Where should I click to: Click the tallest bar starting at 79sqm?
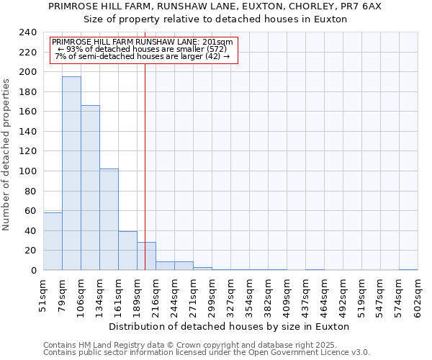pos(71,173)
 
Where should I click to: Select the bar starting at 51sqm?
pos(53,241)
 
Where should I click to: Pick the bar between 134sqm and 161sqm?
pos(109,220)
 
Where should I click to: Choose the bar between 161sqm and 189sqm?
pos(127,251)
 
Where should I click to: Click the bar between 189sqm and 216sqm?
pos(146,256)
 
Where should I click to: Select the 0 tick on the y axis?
pos(33,271)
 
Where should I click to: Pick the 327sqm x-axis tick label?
pos(231,296)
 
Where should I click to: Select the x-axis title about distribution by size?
pos(230,326)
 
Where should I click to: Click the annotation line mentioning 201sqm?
pos(143,42)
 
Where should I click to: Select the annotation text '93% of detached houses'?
pos(142,49)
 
